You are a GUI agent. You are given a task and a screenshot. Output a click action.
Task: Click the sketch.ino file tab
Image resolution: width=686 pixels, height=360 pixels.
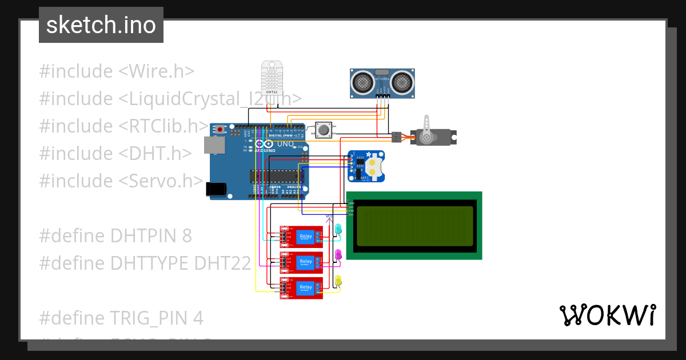101,25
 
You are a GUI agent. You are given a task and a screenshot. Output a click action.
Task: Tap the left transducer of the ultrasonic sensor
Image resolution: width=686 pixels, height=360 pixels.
362,82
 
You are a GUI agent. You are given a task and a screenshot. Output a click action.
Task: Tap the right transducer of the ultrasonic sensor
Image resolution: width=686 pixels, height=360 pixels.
401,82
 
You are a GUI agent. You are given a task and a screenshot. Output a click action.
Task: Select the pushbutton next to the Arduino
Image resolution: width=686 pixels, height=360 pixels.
324,130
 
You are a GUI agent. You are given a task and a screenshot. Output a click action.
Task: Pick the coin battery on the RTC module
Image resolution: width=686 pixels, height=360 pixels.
374,166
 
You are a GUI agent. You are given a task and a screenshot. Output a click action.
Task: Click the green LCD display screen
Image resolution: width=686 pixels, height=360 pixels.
414,225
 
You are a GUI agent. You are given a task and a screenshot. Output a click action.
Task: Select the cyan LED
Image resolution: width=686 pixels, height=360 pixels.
338,229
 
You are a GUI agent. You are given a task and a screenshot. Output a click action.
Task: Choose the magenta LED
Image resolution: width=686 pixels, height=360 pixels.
338,254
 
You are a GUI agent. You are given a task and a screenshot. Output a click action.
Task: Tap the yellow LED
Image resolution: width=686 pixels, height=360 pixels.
338,280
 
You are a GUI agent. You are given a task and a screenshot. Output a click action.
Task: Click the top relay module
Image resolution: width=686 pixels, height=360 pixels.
301,237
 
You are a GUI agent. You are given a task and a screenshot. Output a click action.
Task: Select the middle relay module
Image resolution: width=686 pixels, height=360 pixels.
301,262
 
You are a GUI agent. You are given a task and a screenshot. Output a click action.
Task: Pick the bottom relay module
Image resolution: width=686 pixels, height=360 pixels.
301,287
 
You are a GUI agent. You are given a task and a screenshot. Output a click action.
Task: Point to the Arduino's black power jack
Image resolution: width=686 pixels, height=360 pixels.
216,189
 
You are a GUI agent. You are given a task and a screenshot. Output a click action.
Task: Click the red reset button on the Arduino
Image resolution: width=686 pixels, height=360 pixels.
220,130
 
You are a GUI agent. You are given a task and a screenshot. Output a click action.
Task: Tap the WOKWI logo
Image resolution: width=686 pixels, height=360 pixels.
607,315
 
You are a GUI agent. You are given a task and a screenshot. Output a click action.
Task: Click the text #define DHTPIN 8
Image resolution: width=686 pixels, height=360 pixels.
115,235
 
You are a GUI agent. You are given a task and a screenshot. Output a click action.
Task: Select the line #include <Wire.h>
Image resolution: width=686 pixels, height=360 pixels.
117,71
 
